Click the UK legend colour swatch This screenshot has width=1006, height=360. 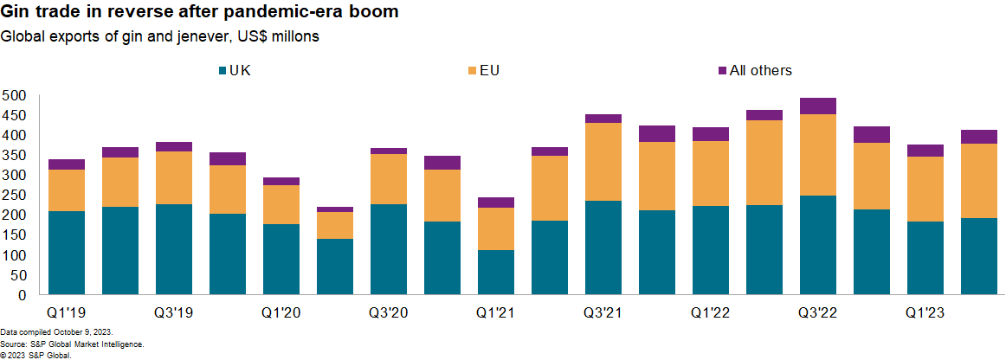click(x=222, y=71)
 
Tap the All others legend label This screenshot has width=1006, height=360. click(x=760, y=71)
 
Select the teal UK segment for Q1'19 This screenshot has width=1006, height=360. click(x=67, y=253)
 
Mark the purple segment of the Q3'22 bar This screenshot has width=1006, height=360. click(x=818, y=106)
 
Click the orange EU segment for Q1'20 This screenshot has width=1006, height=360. click(x=281, y=205)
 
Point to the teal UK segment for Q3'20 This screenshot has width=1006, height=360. click(x=389, y=249)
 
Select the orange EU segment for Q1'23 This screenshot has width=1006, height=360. click(x=925, y=189)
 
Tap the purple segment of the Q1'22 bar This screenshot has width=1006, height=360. click(x=711, y=134)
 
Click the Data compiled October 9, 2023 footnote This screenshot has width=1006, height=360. click(x=56, y=332)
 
